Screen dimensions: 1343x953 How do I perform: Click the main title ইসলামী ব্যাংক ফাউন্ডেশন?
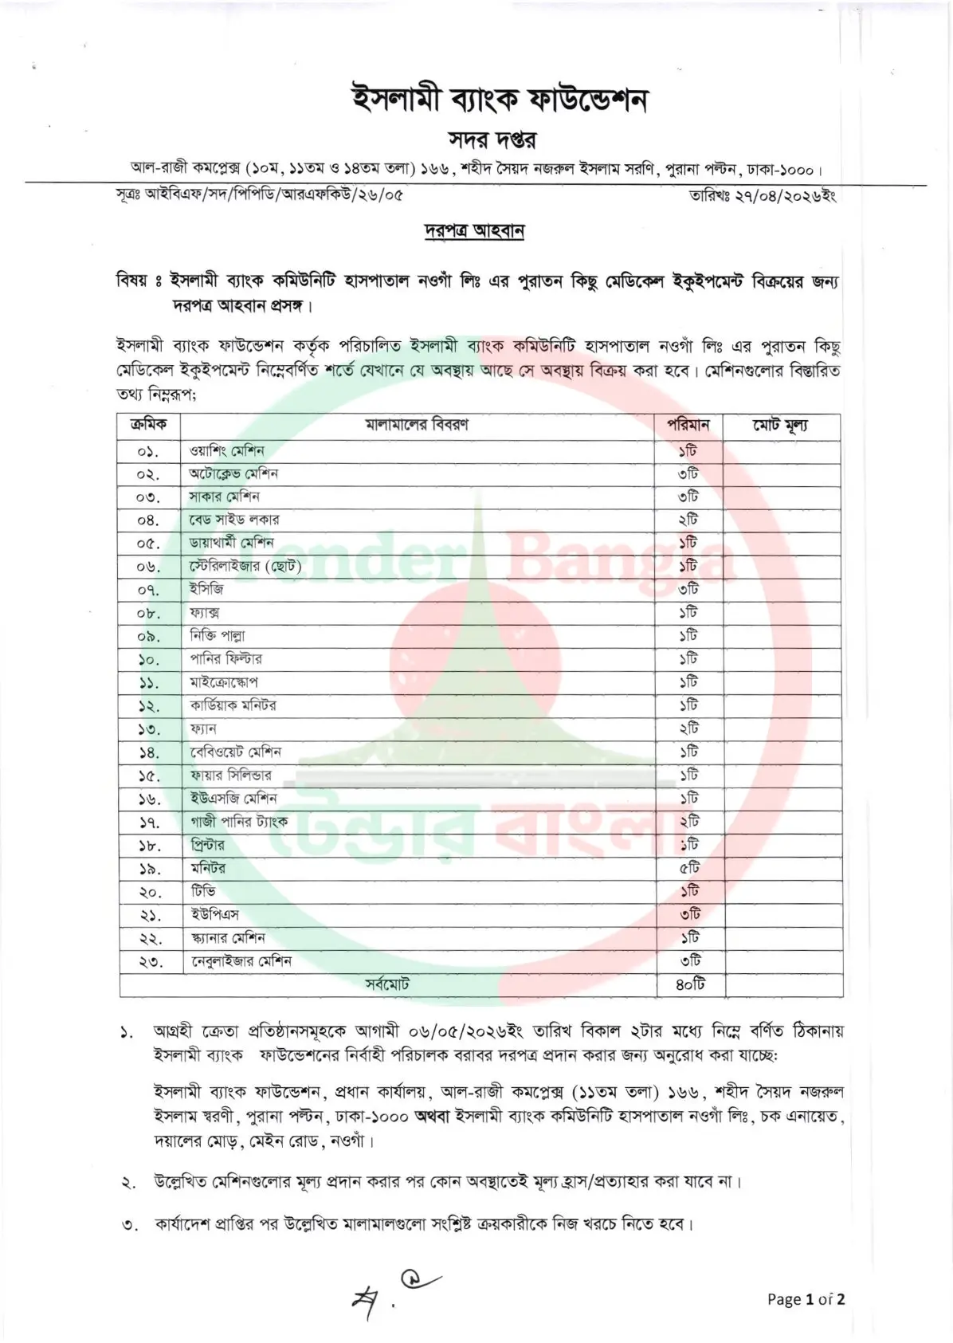(x=500, y=100)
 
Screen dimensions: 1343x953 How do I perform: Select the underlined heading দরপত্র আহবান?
(x=473, y=231)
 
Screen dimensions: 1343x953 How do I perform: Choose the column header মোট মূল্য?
(x=781, y=426)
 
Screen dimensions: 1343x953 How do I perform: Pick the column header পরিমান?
(x=688, y=425)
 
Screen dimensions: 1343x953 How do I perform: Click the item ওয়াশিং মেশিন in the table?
(x=227, y=450)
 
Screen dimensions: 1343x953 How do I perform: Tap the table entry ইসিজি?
(x=206, y=589)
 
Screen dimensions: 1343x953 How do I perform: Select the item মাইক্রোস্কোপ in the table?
(x=224, y=682)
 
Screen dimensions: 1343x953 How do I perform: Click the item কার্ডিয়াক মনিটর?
(x=233, y=705)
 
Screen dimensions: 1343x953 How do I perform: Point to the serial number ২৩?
(x=149, y=962)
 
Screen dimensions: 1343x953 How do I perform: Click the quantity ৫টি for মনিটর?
(x=689, y=868)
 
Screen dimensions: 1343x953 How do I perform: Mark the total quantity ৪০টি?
(x=690, y=984)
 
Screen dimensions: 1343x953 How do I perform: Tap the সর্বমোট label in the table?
(x=387, y=984)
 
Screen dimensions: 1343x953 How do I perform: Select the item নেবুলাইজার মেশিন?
(x=241, y=961)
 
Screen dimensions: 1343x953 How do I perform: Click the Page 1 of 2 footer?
(x=806, y=1298)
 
